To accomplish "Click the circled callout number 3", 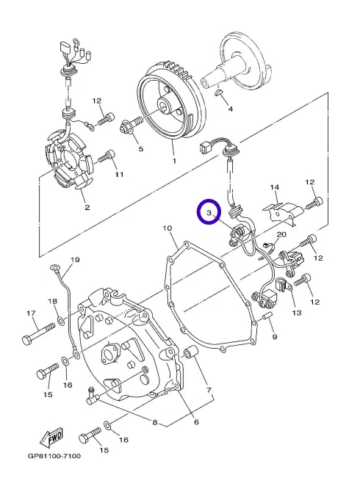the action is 209,213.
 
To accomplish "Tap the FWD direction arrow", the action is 51,437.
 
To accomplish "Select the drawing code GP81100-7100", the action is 54,456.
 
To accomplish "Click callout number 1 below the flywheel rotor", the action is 174,162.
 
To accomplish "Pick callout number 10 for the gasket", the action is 167,228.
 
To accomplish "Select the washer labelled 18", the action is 61,319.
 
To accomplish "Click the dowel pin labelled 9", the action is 267,316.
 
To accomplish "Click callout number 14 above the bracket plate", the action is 275,187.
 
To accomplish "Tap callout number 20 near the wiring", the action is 281,235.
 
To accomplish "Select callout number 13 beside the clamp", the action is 297,313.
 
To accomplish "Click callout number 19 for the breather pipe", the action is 76,259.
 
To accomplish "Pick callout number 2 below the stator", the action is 87,207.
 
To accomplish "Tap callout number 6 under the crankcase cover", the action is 196,422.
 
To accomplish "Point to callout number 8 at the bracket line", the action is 155,422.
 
